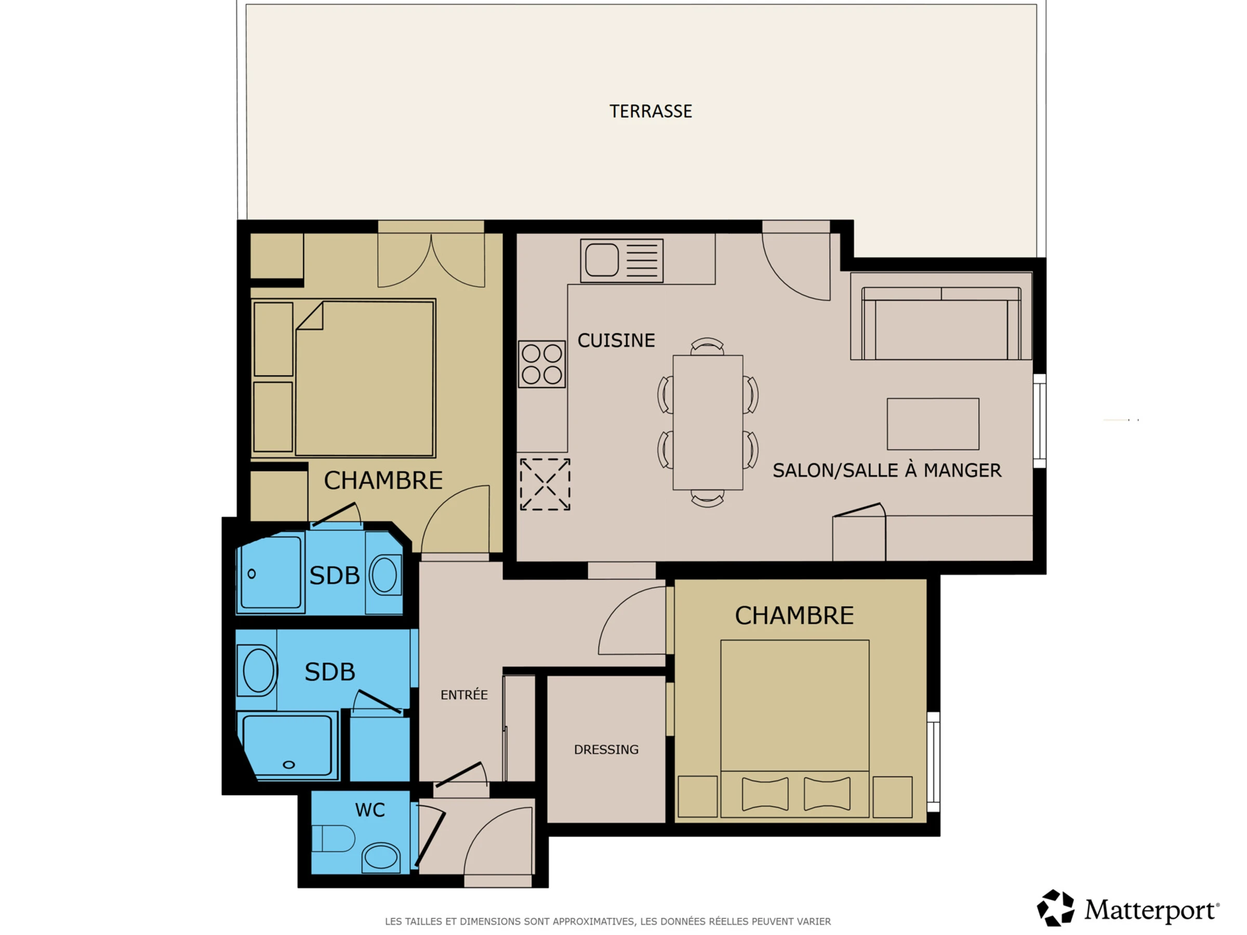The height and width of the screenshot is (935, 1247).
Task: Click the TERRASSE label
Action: pos(651,111)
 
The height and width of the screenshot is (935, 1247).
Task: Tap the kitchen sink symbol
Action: pos(622,260)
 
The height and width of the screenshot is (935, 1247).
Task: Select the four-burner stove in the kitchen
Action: pos(542,364)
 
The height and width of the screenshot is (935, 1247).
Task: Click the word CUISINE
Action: pos(616,340)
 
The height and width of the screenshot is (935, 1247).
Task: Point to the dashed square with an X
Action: pos(545,484)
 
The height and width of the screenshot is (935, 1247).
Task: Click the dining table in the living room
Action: pos(708,422)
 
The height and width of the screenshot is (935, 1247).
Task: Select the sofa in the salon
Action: pos(941,323)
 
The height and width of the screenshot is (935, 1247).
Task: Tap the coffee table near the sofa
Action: pos(933,424)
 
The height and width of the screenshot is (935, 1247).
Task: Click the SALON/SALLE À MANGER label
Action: pos(887,470)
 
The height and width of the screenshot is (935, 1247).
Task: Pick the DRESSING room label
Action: pos(606,749)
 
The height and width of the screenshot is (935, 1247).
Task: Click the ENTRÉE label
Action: pos(464,694)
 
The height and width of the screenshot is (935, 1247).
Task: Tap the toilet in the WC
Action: pos(333,838)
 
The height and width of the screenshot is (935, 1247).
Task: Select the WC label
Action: pos(370,810)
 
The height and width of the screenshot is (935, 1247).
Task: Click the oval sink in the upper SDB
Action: pos(384,575)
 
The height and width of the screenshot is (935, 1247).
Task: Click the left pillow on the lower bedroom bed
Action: pos(765,794)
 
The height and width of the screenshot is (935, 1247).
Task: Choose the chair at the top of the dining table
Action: pos(707,345)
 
